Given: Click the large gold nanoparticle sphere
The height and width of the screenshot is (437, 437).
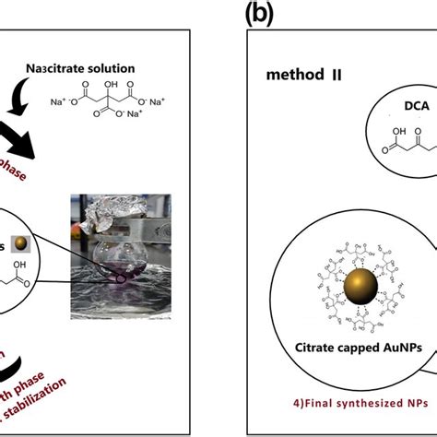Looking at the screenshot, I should [360, 282].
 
